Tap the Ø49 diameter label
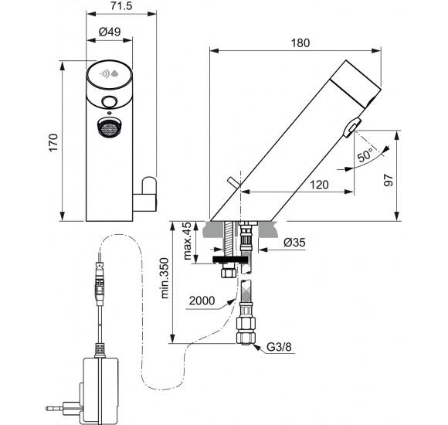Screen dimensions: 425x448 pyautogui.click(x=109, y=33)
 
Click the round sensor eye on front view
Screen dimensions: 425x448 pyautogui.click(x=109, y=103)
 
